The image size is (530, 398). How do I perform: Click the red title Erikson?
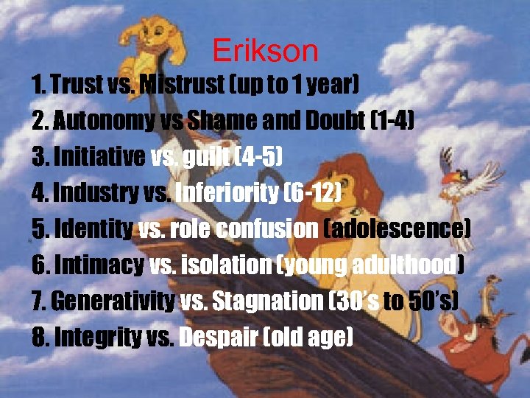(x=265, y=51)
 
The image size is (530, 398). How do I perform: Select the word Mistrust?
(x=181, y=85)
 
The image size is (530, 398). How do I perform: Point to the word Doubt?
(x=331, y=120)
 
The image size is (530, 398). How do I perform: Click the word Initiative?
(x=98, y=156)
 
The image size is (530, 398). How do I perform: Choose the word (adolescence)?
(x=397, y=229)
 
